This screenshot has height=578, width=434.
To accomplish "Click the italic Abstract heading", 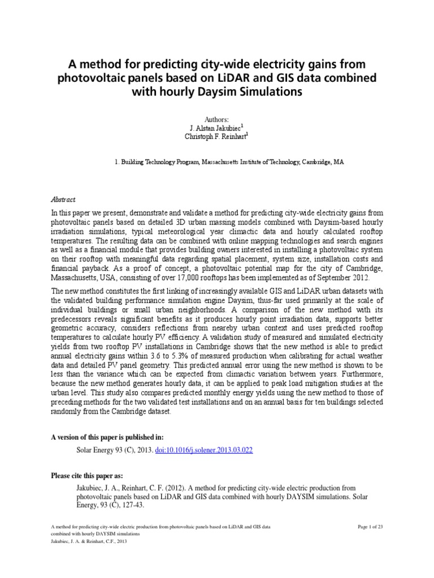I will point(63,200).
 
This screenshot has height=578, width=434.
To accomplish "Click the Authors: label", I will point(216,120).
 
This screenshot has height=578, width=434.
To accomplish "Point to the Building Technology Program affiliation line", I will point(229,162).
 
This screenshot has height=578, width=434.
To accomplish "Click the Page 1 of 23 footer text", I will point(371,527).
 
